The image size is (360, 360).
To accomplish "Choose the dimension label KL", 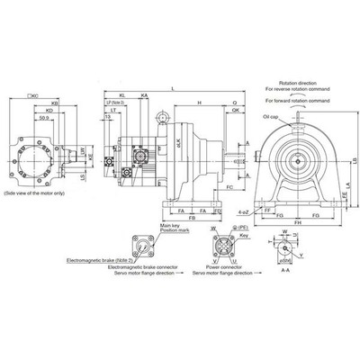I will click(x=121, y=94).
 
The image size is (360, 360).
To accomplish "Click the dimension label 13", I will click(x=108, y=116).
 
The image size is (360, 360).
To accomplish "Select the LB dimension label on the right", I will click(x=354, y=159).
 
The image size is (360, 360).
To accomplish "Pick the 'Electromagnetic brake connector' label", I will click(x=139, y=267).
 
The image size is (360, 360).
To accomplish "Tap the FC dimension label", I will click(x=231, y=186).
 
